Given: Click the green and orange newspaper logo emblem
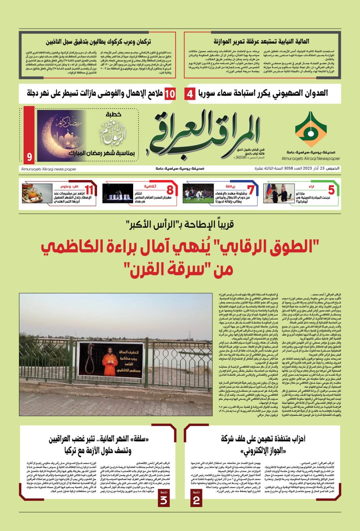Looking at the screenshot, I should click(x=311, y=129).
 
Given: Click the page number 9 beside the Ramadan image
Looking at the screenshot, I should click(x=29, y=157).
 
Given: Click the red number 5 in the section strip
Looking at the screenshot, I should click(x=331, y=190).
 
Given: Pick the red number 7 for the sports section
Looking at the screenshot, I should click(x=250, y=190).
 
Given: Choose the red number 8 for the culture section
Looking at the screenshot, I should click(x=170, y=190).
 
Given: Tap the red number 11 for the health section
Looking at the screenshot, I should click(x=90, y=190).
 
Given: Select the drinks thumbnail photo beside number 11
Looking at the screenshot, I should click(x=37, y=193).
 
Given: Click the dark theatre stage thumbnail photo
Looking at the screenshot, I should click(x=118, y=193).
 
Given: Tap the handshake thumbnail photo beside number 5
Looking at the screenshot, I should click(x=279, y=193).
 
